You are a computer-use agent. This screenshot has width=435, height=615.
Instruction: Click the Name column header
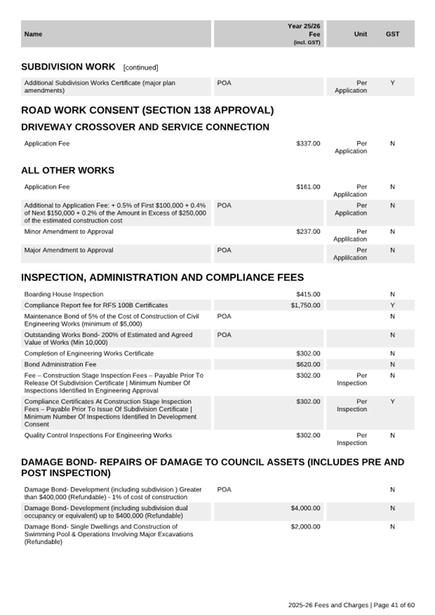tap(33, 34)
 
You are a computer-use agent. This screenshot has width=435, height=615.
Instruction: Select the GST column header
tap(392, 34)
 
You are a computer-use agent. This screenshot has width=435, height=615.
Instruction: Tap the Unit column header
tap(360, 34)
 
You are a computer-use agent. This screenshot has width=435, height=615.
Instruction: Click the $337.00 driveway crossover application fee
tap(308, 143)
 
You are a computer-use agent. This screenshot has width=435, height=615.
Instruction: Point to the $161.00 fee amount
tap(308, 187)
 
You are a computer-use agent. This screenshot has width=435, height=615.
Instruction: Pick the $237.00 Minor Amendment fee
tap(308, 232)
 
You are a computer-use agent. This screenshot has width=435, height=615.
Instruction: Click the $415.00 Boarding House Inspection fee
tap(308, 294)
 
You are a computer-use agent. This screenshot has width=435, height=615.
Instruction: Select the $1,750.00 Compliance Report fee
tap(305, 305)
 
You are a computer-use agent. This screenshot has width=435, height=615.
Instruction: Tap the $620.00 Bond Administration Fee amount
tap(308, 365)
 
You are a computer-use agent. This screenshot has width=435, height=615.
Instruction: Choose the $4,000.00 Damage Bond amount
tap(305, 509)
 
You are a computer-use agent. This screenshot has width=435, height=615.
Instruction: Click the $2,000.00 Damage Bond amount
tap(305, 527)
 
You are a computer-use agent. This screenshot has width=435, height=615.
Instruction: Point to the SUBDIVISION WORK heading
tap(68, 67)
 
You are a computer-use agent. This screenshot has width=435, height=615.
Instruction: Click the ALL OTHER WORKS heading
tap(68, 171)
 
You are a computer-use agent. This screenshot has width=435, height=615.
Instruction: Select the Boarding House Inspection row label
tap(64, 294)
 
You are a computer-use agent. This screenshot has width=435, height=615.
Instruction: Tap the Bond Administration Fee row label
tap(61, 365)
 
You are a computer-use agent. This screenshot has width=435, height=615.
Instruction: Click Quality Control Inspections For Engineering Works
tap(98, 436)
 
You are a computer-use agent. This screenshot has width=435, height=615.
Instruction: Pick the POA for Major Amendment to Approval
tap(224, 250)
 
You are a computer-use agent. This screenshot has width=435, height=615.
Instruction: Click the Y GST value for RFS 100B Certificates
tap(392, 305)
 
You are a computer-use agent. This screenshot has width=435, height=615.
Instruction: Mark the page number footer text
tap(351, 605)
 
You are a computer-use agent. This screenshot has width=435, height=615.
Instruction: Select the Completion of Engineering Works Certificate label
tap(89, 354)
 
